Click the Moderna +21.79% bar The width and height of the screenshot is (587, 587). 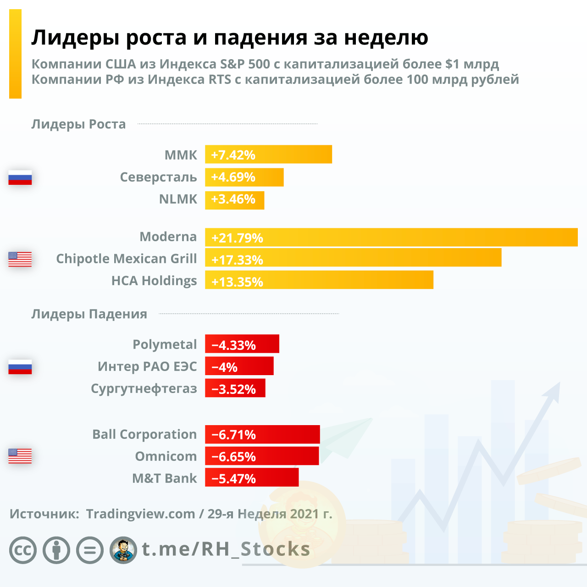pos(391,238)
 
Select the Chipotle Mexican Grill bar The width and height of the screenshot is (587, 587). pos(353,258)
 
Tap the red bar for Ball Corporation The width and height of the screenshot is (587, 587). pos(262,434)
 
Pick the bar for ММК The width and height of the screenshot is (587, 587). pos(268,155)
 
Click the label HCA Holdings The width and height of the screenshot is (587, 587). pos(154,281)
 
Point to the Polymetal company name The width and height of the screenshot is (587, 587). pos(165,344)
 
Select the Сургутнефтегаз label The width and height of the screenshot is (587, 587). pos(144,388)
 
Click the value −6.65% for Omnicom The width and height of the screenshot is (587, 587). pos(233,457)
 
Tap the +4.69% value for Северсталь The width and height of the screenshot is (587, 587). pos(233,177)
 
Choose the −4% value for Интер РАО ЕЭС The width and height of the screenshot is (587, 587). pos(225,367)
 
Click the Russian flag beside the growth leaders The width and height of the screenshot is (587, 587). pos(20,177)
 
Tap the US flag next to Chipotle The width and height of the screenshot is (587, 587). pos(20,259)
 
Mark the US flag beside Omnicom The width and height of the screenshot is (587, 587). pos(20,456)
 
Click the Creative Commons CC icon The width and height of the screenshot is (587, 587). pos(22,550)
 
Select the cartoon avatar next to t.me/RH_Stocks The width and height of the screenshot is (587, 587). pos(123,550)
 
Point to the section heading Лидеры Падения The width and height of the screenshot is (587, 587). pos(89,314)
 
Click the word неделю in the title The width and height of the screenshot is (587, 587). pos(386,38)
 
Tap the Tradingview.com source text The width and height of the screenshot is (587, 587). pos(140,514)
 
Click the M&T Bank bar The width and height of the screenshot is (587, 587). pos(252,477)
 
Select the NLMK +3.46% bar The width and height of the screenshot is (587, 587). pos(234,200)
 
